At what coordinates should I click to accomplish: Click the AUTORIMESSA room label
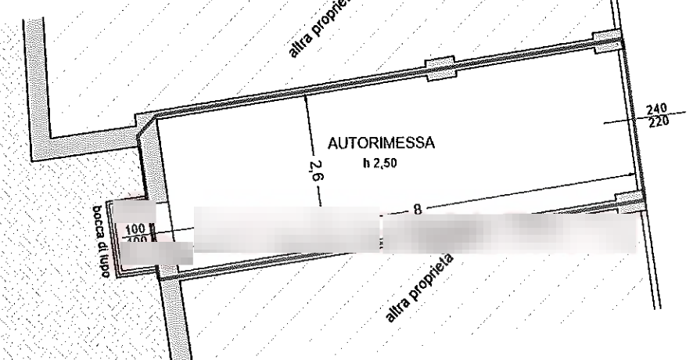(x=381, y=144)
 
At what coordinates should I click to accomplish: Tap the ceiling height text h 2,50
(x=380, y=163)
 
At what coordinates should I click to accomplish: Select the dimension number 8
(x=418, y=209)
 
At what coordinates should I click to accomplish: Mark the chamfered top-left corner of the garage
(x=147, y=122)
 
